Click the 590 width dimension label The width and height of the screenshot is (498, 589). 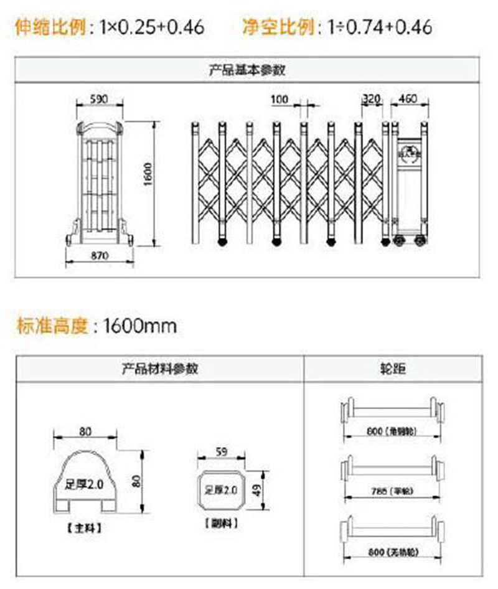coord(100,98)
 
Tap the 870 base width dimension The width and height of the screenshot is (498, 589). coord(99,256)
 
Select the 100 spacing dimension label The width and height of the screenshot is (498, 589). coord(280,98)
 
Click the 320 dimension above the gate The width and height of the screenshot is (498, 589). coord(371,98)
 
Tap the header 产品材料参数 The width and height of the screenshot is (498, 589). coord(159,369)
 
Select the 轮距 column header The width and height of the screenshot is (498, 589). coord(393,369)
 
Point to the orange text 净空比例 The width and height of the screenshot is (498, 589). coord(278,27)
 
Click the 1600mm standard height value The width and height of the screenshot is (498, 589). coord(139,325)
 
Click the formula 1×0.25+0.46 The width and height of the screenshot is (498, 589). coord(151,27)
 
